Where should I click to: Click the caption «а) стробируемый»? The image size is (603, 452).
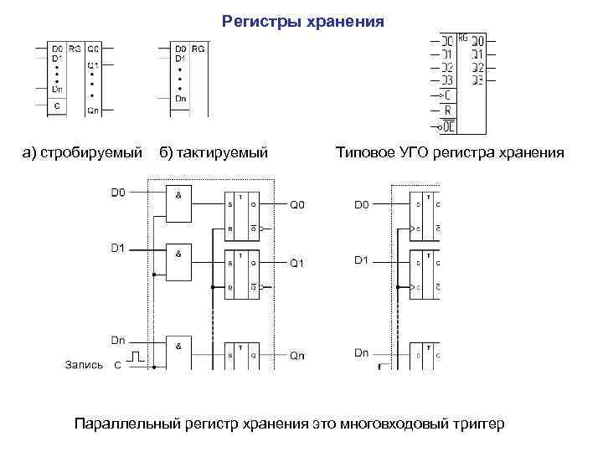coord(83,152)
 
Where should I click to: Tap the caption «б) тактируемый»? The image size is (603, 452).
coord(214,152)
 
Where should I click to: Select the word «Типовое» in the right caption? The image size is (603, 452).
coord(365,152)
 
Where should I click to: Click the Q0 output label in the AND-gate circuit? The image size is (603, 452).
coord(298,205)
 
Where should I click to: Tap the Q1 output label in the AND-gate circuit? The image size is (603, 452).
coord(298,264)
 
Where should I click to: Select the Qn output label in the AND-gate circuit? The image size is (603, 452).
coord(298,356)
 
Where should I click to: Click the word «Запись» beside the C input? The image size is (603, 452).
coord(84,365)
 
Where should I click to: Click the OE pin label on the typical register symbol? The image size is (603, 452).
coord(449,126)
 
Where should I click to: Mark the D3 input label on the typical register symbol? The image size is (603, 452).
coord(447,80)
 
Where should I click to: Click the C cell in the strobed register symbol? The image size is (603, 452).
coord(56,106)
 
